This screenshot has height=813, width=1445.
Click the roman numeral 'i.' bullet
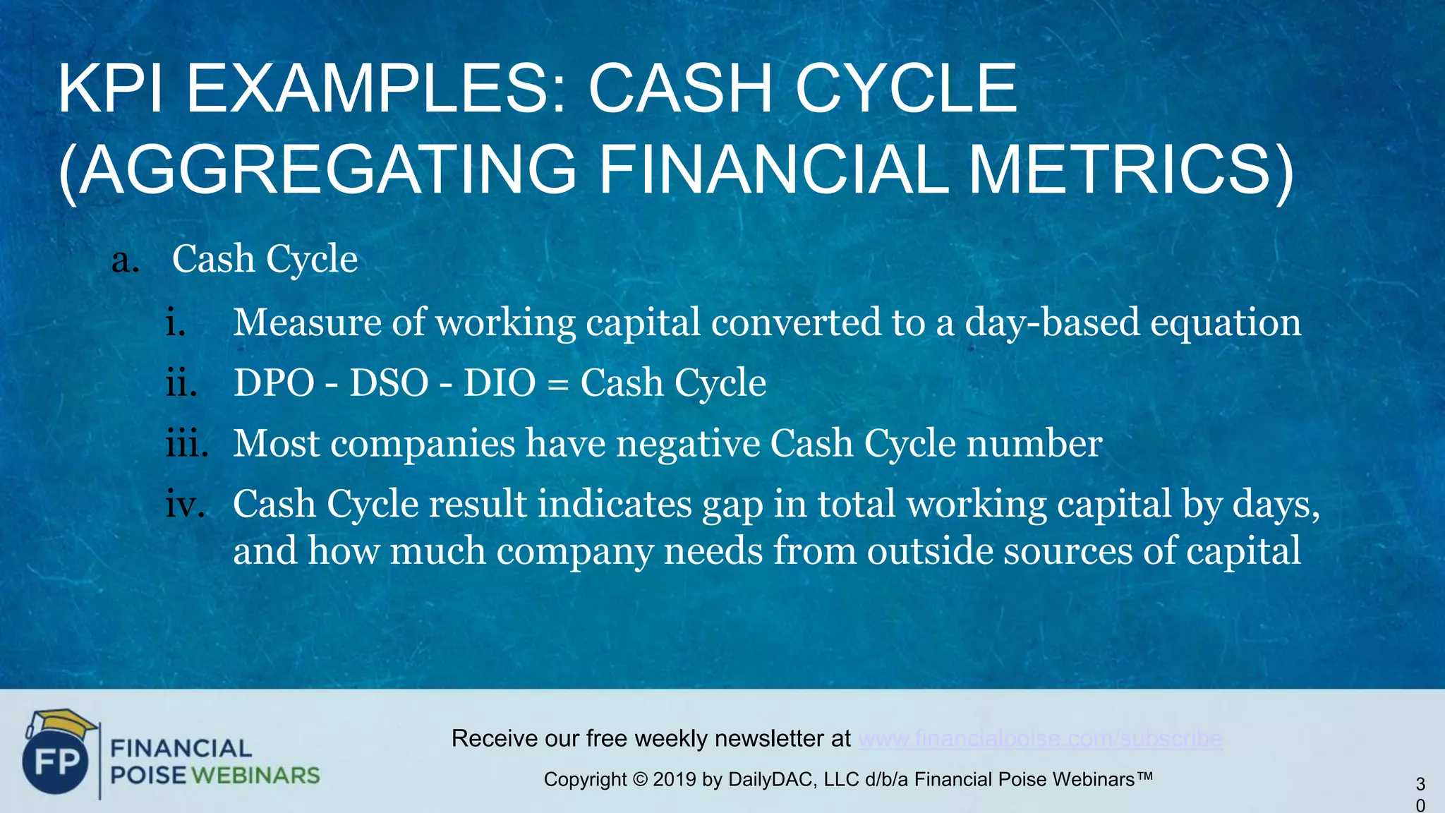tap(176, 323)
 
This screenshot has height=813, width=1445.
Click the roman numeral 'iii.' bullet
tap(187, 444)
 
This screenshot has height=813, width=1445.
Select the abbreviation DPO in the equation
tap(274, 384)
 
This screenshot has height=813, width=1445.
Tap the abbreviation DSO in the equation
tap(389, 384)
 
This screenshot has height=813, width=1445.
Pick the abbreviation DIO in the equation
tap(500, 384)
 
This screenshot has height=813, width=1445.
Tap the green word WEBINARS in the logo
tap(255, 776)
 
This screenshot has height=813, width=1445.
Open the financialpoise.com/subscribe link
tap(1040, 739)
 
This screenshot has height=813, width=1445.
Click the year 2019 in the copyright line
tap(675, 780)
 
